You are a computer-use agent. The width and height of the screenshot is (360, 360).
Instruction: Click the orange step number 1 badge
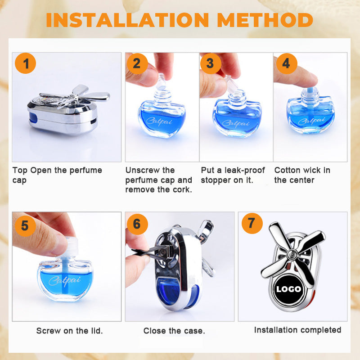pyautogui.click(x=25, y=63)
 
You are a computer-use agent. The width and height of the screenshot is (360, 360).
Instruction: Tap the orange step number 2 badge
pyautogui.click(x=137, y=63)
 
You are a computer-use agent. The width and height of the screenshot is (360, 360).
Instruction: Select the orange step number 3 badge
pyautogui.click(x=211, y=63)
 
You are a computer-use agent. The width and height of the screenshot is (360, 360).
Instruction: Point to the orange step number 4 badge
pyautogui.click(x=287, y=63)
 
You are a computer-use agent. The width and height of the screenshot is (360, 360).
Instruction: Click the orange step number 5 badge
pyautogui.click(x=25, y=225)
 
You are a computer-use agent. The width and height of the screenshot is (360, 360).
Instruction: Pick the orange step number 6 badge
pyautogui.click(x=137, y=224)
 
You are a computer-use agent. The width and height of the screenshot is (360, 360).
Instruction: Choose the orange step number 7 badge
pyautogui.click(x=252, y=223)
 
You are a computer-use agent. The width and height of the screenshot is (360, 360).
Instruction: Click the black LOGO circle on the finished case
pyautogui.click(x=288, y=289)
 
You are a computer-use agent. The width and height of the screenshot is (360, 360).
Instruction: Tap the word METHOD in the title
pyautogui.click(x=265, y=20)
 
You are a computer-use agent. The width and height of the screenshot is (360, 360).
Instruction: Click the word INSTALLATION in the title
pyautogui.click(x=127, y=20)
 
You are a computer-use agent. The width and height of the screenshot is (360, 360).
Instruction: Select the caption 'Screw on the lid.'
pyautogui.click(x=70, y=331)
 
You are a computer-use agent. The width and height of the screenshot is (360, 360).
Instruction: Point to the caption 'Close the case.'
pyautogui.click(x=174, y=331)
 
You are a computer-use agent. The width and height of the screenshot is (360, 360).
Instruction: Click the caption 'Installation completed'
pyautogui.click(x=297, y=330)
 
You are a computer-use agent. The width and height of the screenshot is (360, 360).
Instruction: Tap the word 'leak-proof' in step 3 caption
pyautogui.click(x=245, y=170)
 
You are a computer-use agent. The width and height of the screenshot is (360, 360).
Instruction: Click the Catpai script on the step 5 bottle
pyautogui.click(x=64, y=280)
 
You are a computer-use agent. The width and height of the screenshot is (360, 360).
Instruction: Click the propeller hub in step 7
pyautogui.click(x=292, y=254)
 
